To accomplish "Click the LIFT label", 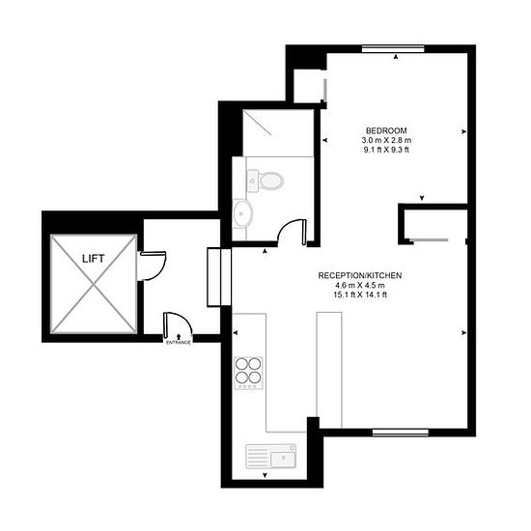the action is pyautogui.click(x=93, y=259).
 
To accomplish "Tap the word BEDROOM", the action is pyautogui.click(x=386, y=130).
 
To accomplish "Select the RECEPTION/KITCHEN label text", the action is pyautogui.click(x=360, y=276).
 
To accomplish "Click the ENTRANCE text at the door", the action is pyautogui.click(x=179, y=343).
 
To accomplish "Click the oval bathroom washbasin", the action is pyautogui.click(x=242, y=213).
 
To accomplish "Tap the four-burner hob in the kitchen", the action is pyautogui.click(x=248, y=374).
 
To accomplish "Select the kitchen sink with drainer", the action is pyautogui.click(x=271, y=456).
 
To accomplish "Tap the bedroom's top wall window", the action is pyautogui.click(x=393, y=49).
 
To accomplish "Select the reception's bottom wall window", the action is pyautogui.click(x=401, y=433).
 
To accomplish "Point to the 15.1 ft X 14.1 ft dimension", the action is pyautogui.click(x=360, y=294).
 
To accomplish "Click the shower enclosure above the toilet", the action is pyautogui.click(x=278, y=132).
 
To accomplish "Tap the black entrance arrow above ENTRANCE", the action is pyautogui.click(x=179, y=337).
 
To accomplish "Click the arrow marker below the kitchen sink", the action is pyautogui.click(x=265, y=476).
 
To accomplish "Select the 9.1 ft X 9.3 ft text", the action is pyautogui.click(x=386, y=150).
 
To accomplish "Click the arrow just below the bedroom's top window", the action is pyautogui.click(x=396, y=57).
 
